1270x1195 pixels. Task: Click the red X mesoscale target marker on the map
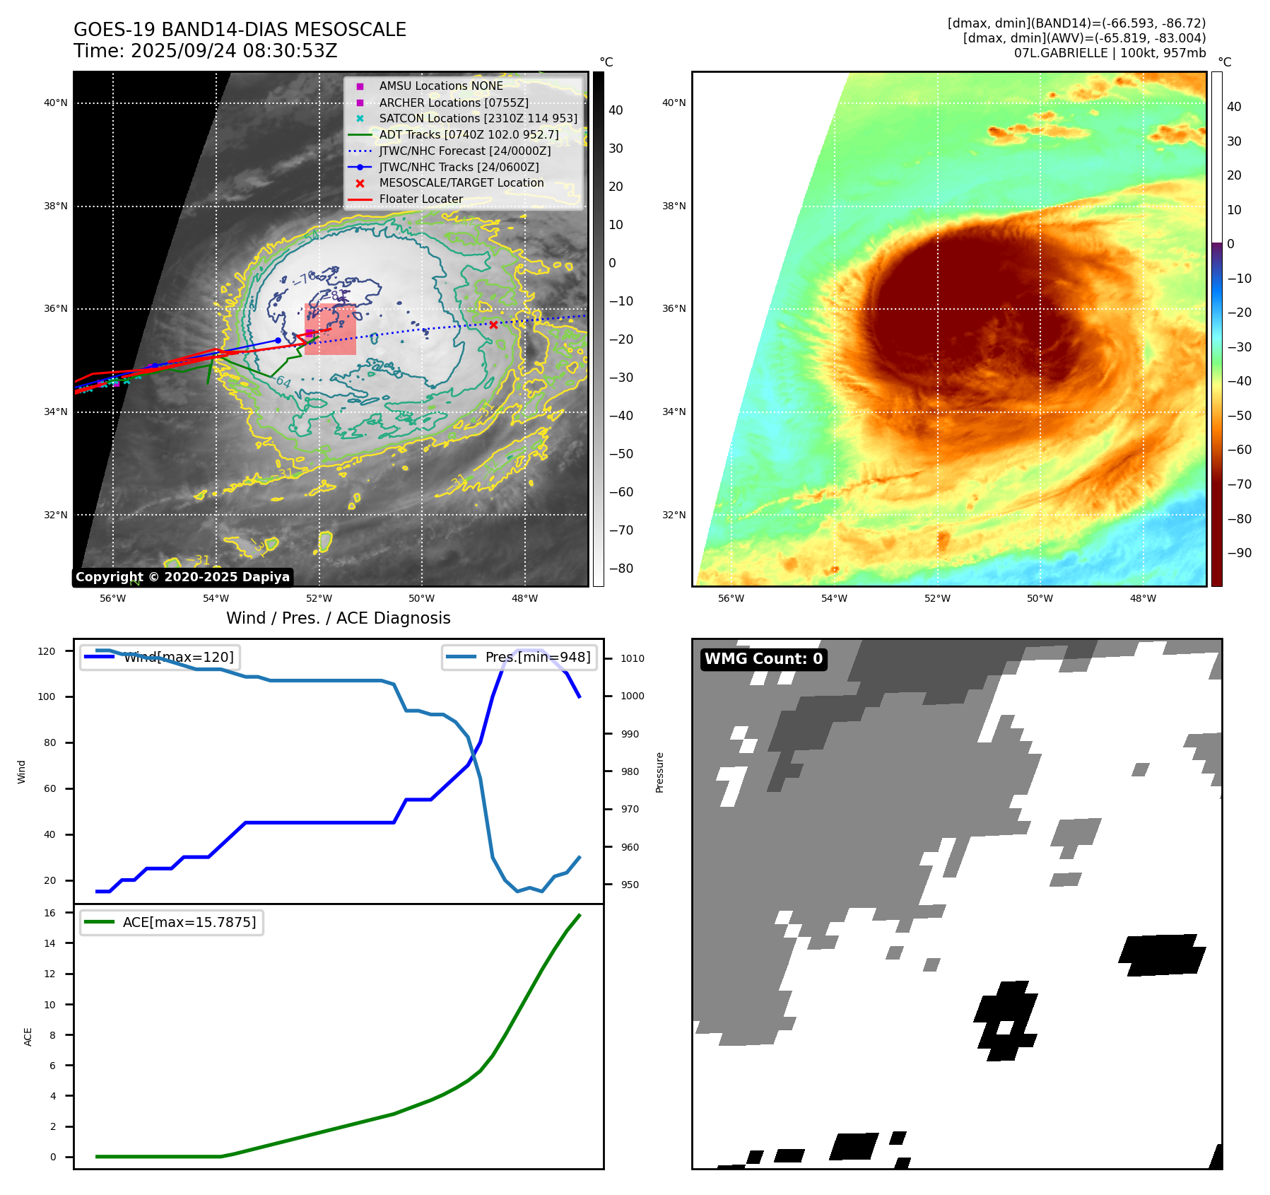[493, 325]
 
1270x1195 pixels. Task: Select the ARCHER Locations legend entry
[453, 103]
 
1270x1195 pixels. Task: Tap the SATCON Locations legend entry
[478, 119]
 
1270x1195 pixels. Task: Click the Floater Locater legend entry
[421, 199]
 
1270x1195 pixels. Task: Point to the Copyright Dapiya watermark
[182, 577]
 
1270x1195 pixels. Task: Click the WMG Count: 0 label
[763, 659]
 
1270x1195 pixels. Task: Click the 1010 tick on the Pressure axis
[633, 658]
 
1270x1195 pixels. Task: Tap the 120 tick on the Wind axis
[47, 651]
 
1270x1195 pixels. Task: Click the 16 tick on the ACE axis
[50, 913]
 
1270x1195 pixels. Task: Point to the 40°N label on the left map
[56, 103]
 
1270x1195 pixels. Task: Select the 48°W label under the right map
[1143, 598]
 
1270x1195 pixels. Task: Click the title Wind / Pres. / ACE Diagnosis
[338, 618]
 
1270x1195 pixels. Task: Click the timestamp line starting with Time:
[205, 51]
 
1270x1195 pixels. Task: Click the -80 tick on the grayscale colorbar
[621, 569]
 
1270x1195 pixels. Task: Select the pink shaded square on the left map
[330, 330]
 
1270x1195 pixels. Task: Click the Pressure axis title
[659, 772]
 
